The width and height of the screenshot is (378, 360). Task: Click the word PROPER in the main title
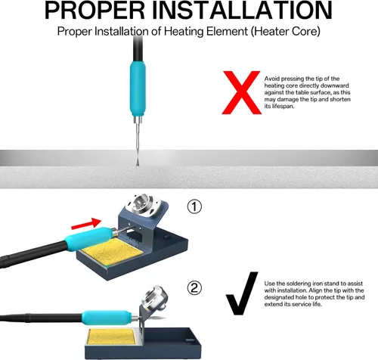click(x=94, y=10)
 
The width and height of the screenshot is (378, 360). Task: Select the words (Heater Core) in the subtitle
click(x=286, y=32)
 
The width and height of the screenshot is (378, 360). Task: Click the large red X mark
click(x=241, y=92)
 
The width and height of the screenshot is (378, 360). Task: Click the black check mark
click(x=242, y=293)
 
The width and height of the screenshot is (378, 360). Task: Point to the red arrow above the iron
click(x=86, y=224)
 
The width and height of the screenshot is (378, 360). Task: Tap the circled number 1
click(x=194, y=206)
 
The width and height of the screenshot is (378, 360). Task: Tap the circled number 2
click(x=194, y=288)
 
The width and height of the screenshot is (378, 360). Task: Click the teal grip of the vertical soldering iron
click(x=138, y=88)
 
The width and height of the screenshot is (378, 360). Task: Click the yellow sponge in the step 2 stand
click(x=112, y=337)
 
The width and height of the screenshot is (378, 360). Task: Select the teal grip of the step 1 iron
click(x=88, y=238)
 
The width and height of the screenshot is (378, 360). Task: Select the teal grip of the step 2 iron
click(x=107, y=318)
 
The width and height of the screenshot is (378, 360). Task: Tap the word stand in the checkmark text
click(x=339, y=284)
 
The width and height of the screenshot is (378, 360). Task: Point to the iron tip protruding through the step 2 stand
click(x=158, y=317)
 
